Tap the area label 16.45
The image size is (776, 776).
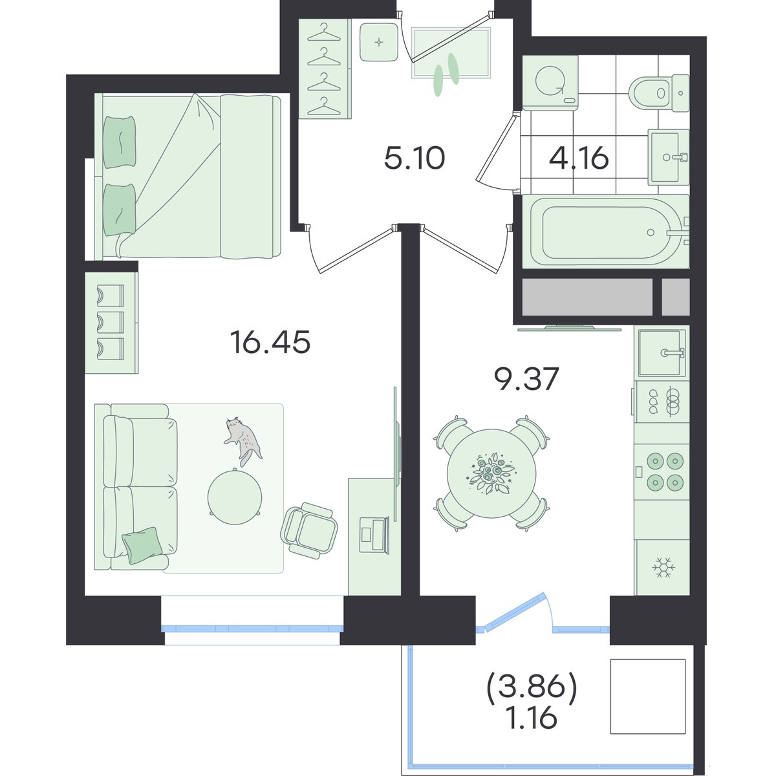pyautogui.click(x=270, y=342)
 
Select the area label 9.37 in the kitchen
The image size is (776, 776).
pyautogui.click(x=526, y=379)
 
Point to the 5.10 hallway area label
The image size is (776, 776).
pyautogui.click(x=415, y=158)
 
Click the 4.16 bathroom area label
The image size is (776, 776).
pyautogui.click(x=579, y=158)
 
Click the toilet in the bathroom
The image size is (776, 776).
pyautogui.click(x=659, y=93)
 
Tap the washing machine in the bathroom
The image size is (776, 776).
pyautogui.click(x=550, y=83)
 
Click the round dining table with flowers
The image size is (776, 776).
pyautogui.click(x=491, y=473)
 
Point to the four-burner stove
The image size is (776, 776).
pyautogui.click(x=662, y=471)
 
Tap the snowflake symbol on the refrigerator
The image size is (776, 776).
pyautogui.click(x=663, y=567)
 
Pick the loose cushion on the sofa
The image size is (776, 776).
pyautogui.click(x=142, y=545)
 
